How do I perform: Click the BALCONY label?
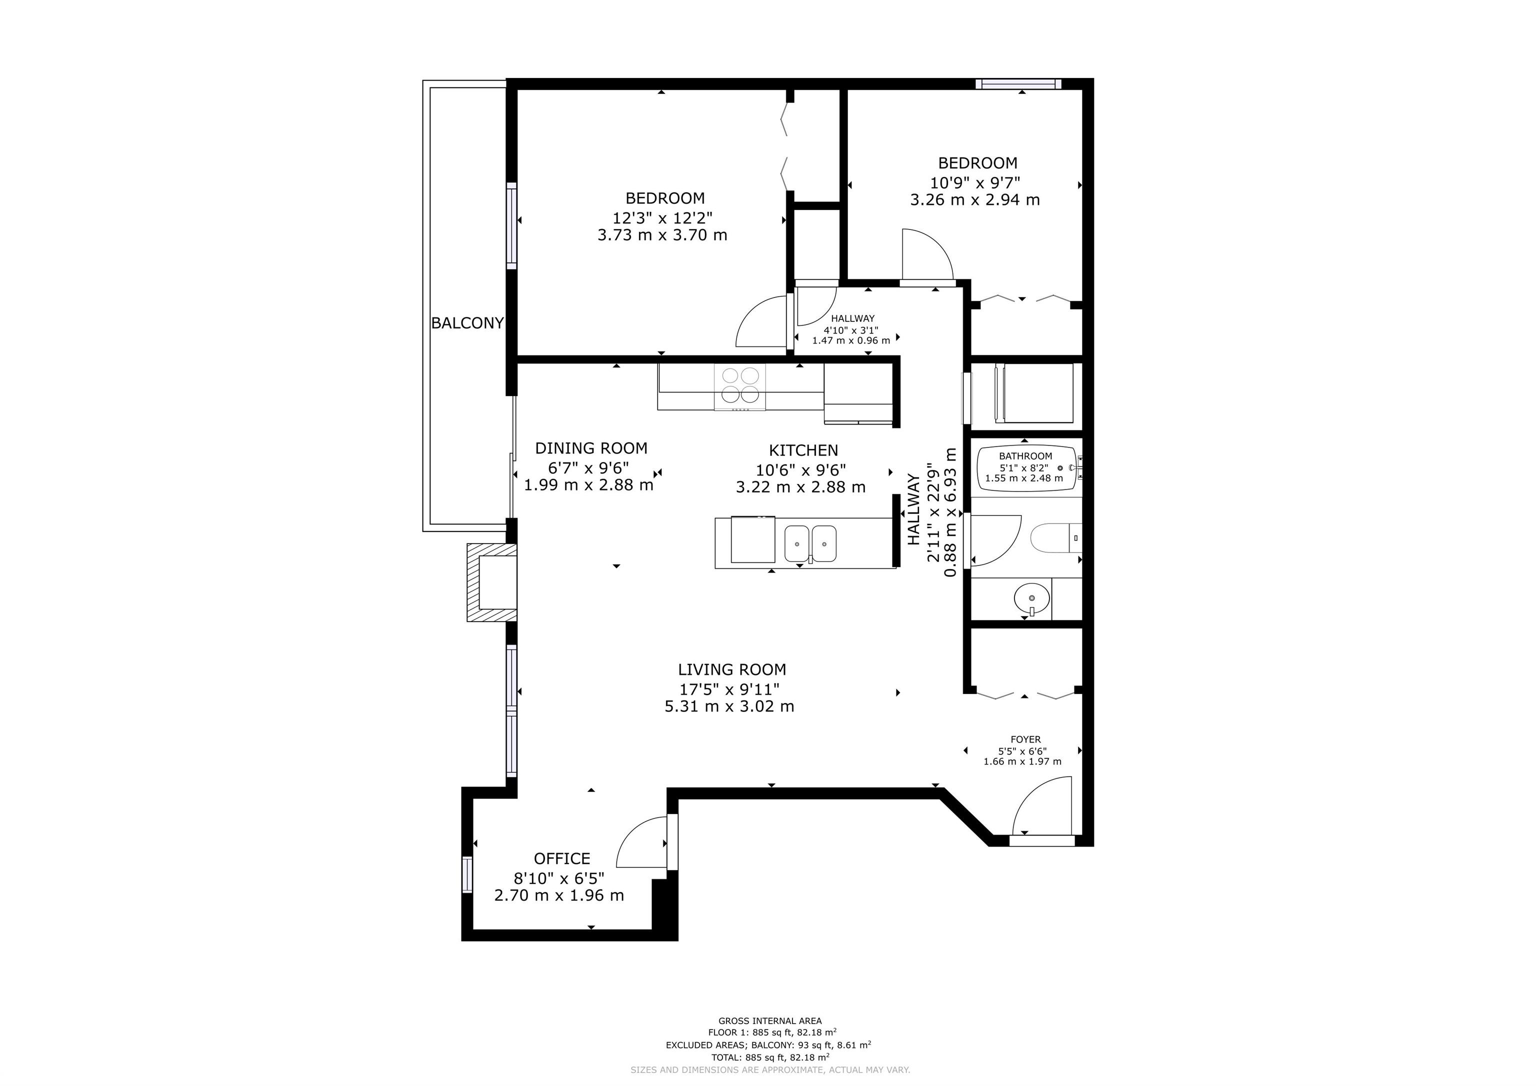point(467,323)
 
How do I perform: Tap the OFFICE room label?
point(562,858)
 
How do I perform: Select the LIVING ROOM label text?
point(732,669)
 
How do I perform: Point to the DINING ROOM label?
point(591,448)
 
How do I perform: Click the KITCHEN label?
point(803,450)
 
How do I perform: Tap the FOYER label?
point(1025,739)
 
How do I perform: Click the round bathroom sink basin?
point(1031,597)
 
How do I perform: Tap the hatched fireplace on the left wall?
point(491,583)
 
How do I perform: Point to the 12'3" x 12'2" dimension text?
point(662,217)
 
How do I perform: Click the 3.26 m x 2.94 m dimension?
point(975,199)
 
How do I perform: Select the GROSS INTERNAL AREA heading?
point(770,1021)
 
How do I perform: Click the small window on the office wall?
point(467,874)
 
